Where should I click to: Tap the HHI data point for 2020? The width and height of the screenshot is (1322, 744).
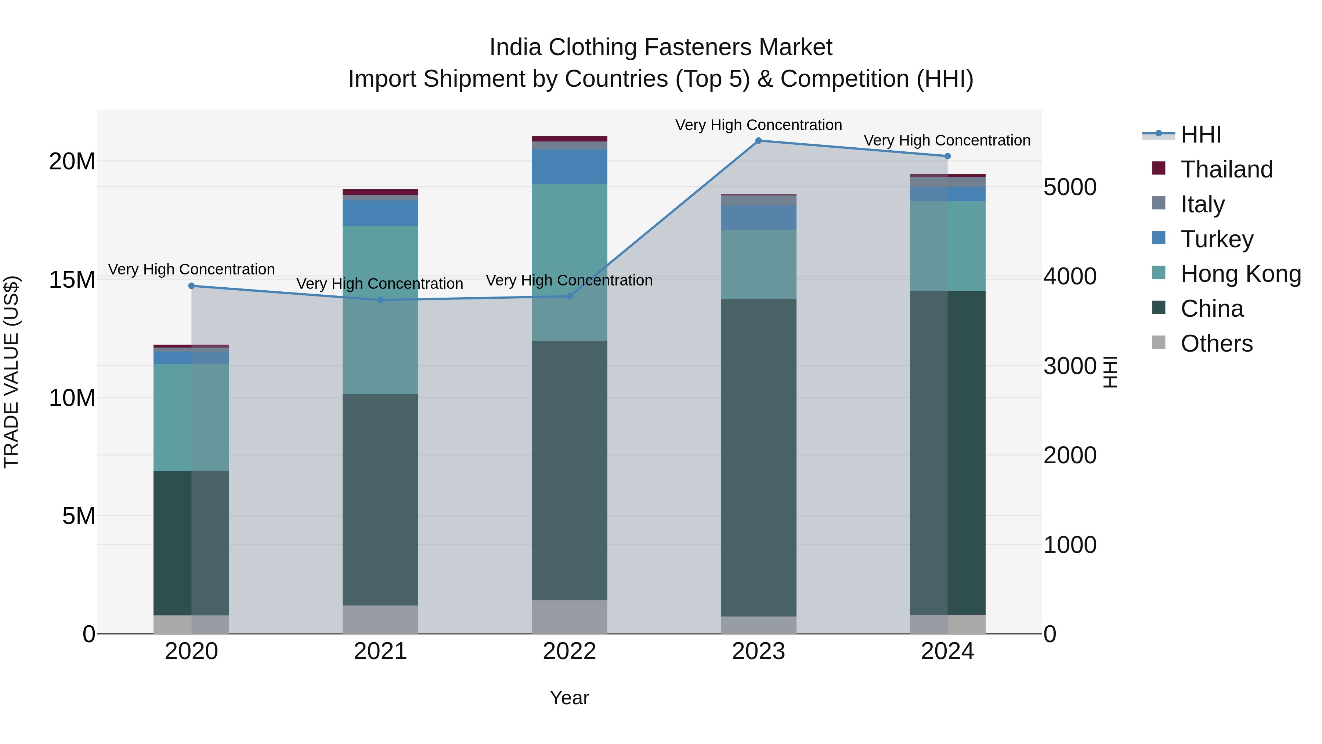191,286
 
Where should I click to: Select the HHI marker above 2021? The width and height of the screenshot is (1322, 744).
380,301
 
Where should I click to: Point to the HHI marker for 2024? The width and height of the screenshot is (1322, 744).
947,156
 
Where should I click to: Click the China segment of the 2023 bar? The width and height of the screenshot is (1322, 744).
759,457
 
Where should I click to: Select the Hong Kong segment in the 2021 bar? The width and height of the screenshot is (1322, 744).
380,310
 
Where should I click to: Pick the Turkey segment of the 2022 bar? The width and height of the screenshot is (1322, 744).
569,166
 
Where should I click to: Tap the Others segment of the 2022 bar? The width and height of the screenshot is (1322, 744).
569,617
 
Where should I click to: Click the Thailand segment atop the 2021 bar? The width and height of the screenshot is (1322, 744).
380,192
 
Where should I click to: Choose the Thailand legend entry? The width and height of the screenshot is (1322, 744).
1227,169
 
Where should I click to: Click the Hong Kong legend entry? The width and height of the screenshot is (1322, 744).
1240,274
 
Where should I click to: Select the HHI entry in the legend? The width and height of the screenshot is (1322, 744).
1201,134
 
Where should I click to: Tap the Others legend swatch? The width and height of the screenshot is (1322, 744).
1158,342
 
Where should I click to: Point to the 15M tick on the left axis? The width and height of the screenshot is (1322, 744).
72,280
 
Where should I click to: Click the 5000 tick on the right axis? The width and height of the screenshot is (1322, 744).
1070,187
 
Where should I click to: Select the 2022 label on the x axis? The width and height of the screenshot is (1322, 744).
569,651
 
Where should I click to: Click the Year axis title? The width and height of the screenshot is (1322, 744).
569,698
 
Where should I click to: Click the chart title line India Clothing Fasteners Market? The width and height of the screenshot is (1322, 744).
661,47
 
